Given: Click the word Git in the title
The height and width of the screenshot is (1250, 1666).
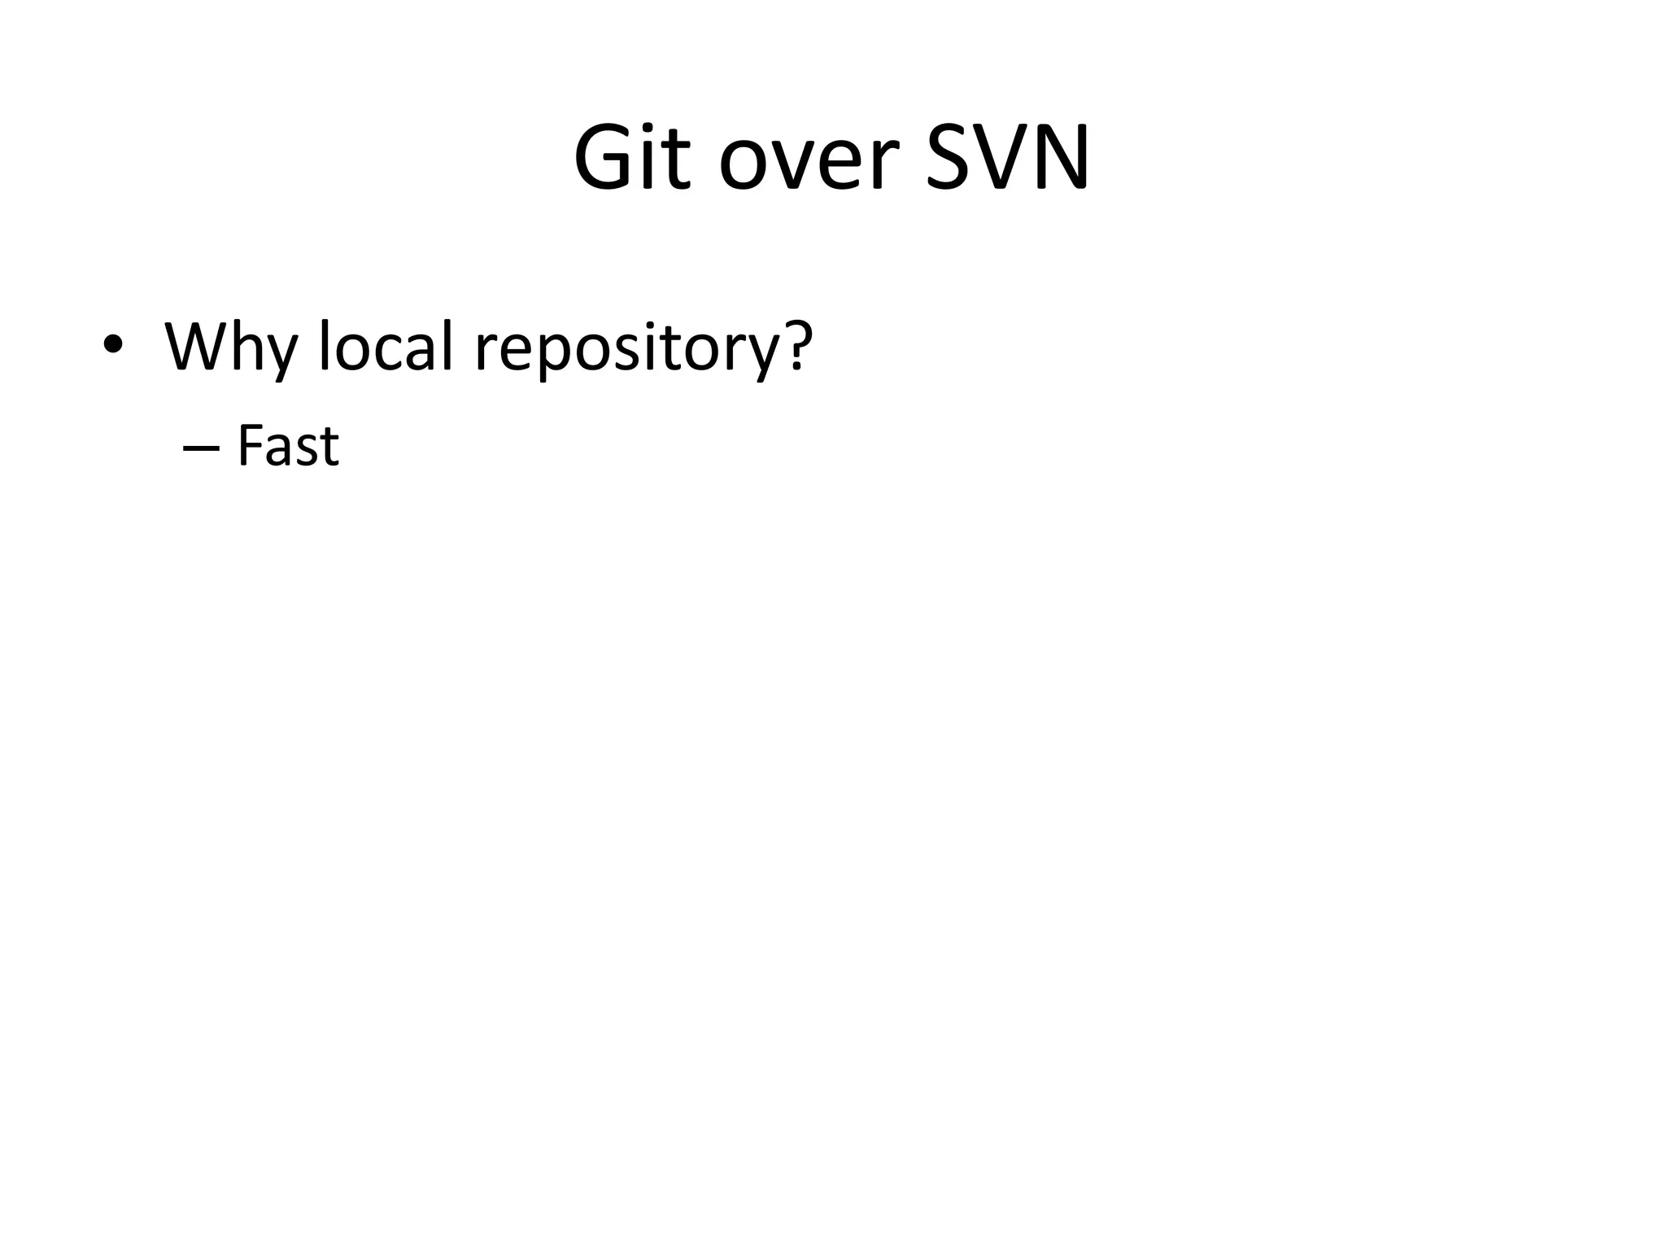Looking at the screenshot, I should [x=632, y=158].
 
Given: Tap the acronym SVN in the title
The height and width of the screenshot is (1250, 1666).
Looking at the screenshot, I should [x=1008, y=158].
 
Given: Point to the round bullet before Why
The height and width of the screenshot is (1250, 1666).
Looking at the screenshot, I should [x=113, y=345].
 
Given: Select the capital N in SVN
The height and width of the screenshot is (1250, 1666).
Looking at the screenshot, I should [x=1061, y=158].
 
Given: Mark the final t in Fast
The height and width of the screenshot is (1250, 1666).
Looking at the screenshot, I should [x=329, y=448].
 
